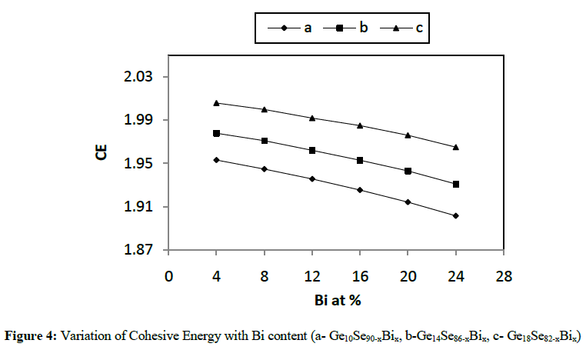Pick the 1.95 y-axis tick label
pyautogui.click(x=140, y=164)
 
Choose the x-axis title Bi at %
pyautogui.click(x=335, y=300)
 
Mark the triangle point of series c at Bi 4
pyautogui.click(x=217, y=103)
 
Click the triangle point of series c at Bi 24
pyautogui.click(x=456, y=147)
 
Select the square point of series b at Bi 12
pyautogui.click(x=312, y=150)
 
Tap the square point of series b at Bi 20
pyautogui.click(x=408, y=171)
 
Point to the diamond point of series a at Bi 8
pyautogui.click(x=265, y=168)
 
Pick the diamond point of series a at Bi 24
pyautogui.click(x=456, y=215)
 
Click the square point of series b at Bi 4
pyautogui.click(x=217, y=133)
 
